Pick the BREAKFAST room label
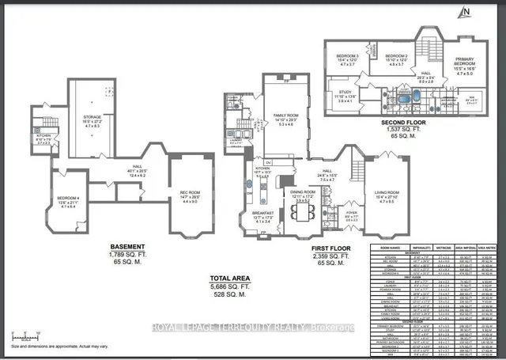[263, 213]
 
